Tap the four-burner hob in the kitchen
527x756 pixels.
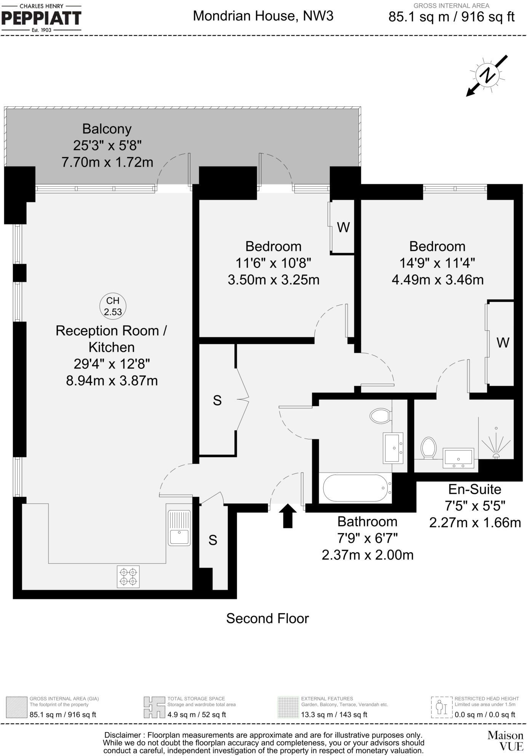128,577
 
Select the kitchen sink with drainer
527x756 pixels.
179,528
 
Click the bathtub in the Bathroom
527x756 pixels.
355,488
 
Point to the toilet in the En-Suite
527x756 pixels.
428,447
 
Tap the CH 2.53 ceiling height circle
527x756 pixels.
113,306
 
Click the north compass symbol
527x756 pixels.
487,75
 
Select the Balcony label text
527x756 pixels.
107,129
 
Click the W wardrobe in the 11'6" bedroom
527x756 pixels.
343,227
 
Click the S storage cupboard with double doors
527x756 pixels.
217,400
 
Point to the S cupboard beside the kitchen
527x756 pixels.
213,540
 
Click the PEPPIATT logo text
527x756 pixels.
42,18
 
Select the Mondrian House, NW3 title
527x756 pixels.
263,16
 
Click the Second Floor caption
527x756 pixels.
267,618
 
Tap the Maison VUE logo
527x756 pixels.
505,740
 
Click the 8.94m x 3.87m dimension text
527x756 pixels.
112,380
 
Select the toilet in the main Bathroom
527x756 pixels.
380,416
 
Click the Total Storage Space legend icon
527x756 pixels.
154,707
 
